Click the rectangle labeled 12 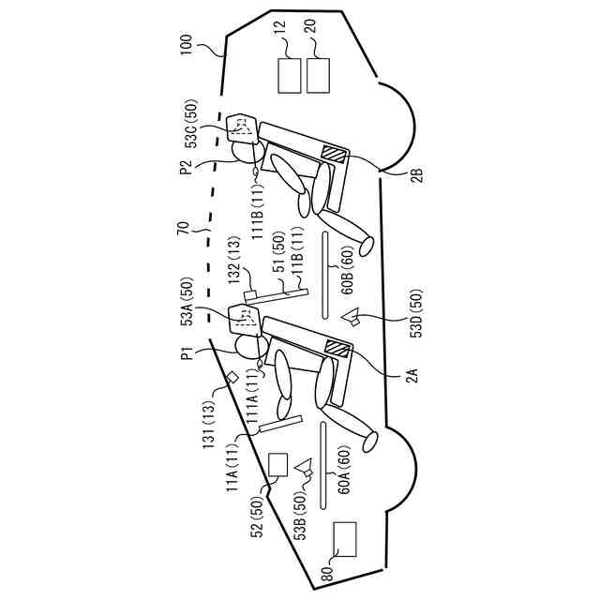click(290, 76)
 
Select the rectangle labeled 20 click(319, 76)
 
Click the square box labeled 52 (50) click(277, 466)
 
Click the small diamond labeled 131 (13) click(232, 378)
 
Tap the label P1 click(187, 353)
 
